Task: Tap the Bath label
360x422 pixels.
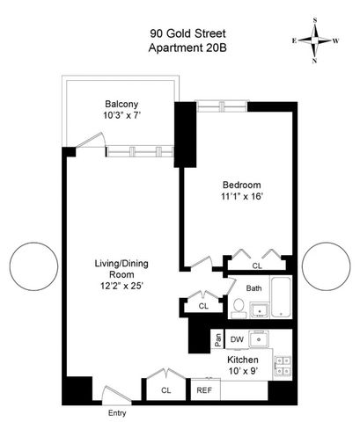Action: [x=254, y=287]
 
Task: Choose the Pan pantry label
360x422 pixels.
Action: [x=217, y=339]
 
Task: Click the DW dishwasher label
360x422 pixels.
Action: [x=236, y=339]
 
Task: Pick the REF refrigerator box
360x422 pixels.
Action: [x=203, y=389]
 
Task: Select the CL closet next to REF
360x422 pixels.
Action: [x=165, y=389]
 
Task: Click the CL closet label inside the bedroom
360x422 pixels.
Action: [x=257, y=265]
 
